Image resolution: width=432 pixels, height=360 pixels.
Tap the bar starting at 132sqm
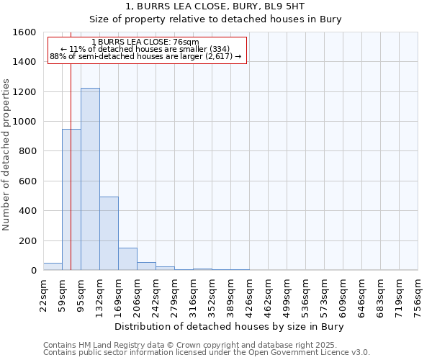pyautogui.click(x=109, y=233)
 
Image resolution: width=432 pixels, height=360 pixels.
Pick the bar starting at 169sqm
pyautogui.click(x=127, y=258)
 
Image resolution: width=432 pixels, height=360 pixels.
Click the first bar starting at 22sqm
pyautogui.click(x=53, y=266)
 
